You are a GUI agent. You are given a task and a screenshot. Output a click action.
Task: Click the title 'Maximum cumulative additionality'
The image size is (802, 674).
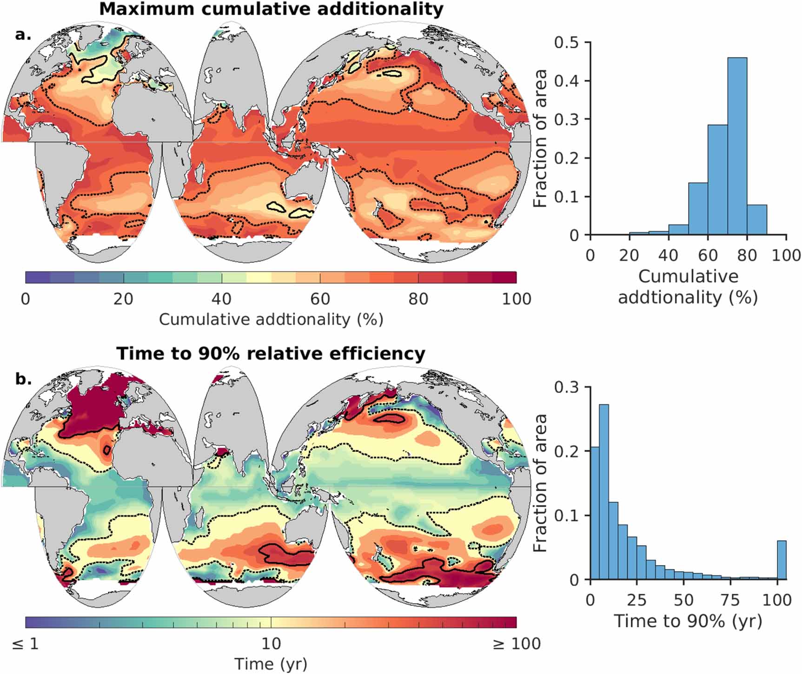coord(271,9)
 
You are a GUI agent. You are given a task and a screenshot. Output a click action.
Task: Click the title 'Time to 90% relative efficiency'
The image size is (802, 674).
coord(271,354)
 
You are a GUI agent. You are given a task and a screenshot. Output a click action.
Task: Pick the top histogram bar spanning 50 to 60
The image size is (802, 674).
coord(698,209)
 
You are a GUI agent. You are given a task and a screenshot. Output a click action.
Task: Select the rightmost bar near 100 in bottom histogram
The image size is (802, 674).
coord(782,560)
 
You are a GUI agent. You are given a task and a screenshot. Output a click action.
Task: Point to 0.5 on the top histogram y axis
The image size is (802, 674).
coord(566,43)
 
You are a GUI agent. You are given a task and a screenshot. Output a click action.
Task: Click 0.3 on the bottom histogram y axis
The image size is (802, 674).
coord(566,387)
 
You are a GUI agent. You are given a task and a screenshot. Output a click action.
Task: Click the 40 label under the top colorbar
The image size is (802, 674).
coord(221,298)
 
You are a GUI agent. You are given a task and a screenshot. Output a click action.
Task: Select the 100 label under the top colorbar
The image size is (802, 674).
coord(516,298)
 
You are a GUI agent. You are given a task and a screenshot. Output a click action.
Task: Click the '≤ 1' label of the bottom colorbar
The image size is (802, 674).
coord(26,644)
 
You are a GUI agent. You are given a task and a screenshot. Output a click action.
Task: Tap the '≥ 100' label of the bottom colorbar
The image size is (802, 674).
coord(516,644)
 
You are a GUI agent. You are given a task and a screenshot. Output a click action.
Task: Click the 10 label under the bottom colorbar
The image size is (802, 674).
coord(271,644)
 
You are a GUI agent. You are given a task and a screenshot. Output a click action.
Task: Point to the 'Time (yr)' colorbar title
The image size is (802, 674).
coord(271,664)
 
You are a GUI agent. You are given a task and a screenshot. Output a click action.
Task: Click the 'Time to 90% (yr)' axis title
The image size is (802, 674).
coord(688,621)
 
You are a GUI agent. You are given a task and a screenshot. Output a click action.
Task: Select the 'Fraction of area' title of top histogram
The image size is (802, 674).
coord(539,139)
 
